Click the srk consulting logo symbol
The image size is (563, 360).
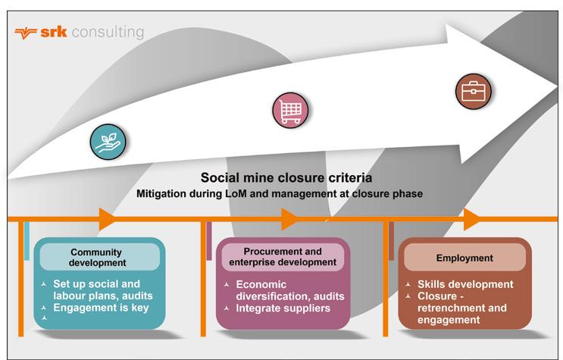point(26,33)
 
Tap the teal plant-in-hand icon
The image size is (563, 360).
point(107,140)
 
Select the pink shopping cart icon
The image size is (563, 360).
point(290,111)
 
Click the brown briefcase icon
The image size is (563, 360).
point(474,92)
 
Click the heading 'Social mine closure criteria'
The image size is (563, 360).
point(286,178)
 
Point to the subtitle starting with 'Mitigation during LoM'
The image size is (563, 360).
point(280,194)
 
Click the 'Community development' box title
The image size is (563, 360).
point(97,258)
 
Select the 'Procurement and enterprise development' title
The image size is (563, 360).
point(283,257)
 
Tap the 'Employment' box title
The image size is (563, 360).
point(464,258)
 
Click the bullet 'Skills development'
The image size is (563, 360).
point(464,284)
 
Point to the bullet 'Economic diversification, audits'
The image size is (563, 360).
point(284,290)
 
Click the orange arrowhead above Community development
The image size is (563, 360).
point(107,219)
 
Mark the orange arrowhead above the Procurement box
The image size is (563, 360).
point(289,219)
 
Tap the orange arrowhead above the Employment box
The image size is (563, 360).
point(471,219)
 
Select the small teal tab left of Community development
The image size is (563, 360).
point(27,240)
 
